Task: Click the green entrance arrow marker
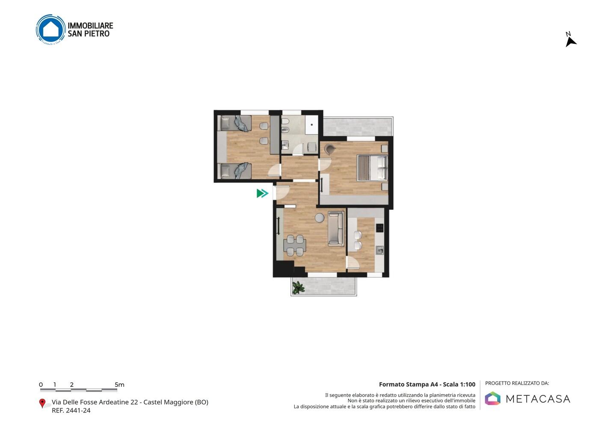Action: pyautogui.click(x=262, y=193)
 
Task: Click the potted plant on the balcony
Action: pyautogui.click(x=298, y=287)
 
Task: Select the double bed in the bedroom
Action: pyautogui.click(x=372, y=168)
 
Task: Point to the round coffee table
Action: pyautogui.click(x=320, y=218)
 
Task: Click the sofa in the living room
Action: pyautogui.click(x=336, y=228)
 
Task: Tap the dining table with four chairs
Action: pyautogui.click(x=295, y=245)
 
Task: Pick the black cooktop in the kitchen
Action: pyautogui.click(x=379, y=228)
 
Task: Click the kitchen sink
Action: pyautogui.click(x=380, y=250)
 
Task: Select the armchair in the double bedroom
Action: pyautogui.click(x=329, y=149)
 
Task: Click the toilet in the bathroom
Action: pyautogui.click(x=285, y=121)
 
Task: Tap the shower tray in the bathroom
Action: pyautogui.click(x=311, y=125)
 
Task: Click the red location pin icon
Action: pyautogui.click(x=42, y=403)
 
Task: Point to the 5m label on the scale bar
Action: pyautogui.click(x=120, y=385)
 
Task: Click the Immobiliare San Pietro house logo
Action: pyautogui.click(x=51, y=29)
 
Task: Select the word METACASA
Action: pyautogui.click(x=538, y=399)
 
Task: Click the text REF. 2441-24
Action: pyautogui.click(x=71, y=410)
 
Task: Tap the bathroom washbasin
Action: pyautogui.click(x=285, y=144)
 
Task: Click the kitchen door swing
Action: pyautogui.click(x=353, y=262)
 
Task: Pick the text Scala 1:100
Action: pyautogui.click(x=459, y=384)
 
